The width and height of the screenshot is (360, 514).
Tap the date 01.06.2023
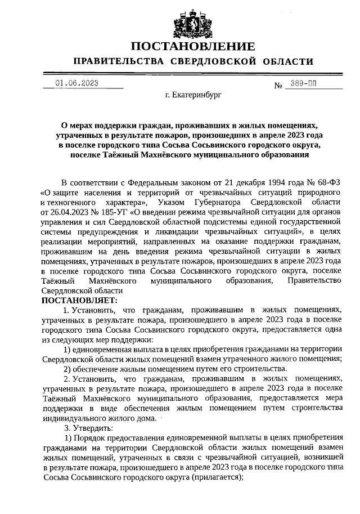click(x=77, y=83)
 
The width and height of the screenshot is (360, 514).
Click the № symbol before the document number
click(x=278, y=85)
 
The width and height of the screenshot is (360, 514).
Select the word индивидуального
click(x=76, y=418)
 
